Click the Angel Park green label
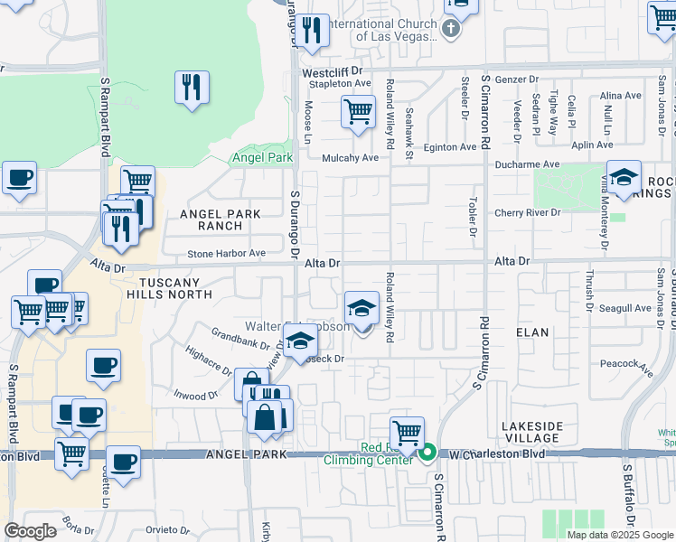(262, 157)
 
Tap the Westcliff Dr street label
(332, 70)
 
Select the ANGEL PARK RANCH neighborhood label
(220, 220)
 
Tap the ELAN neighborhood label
(532, 332)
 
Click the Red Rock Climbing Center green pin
(428, 453)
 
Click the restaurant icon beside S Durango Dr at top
(313, 32)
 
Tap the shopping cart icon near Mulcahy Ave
(358, 113)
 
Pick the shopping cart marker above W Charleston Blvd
(408, 432)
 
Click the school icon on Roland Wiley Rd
(361, 309)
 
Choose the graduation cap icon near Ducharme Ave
(624, 177)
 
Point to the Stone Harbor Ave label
(226, 254)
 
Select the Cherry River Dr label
(528, 213)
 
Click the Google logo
(31, 530)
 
